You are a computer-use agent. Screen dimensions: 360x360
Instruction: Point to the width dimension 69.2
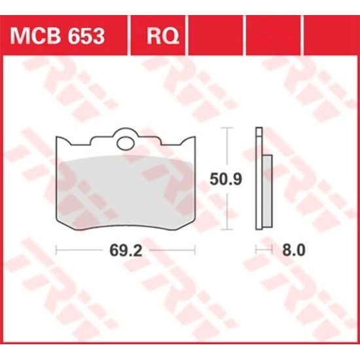[x=125, y=250]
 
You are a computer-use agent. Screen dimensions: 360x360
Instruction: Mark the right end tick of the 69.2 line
[x=195, y=250]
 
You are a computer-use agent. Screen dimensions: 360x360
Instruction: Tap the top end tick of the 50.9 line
[x=227, y=129]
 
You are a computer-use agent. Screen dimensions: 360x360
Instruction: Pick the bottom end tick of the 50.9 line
[x=227, y=230]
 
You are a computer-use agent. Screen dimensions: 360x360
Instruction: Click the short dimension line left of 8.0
[x=263, y=250]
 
